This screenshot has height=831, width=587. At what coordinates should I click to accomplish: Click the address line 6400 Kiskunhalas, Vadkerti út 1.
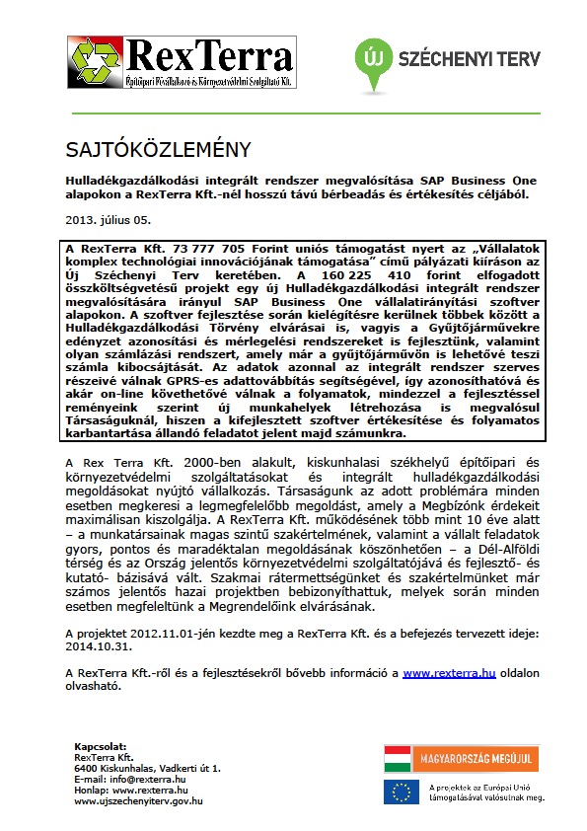147,768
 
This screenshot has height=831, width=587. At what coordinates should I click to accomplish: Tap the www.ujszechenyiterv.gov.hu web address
138,800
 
